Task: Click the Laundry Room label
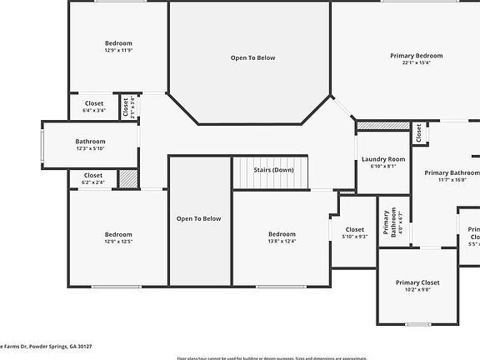point(383,158)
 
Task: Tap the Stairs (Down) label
point(273,170)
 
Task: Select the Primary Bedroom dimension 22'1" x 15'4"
point(416,63)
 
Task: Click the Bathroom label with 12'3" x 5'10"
point(90,142)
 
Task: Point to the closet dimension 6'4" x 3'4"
point(93,110)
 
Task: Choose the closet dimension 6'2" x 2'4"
point(92,182)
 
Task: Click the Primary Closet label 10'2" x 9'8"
point(417,282)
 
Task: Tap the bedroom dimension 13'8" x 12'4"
point(282,242)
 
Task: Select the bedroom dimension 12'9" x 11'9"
point(118,50)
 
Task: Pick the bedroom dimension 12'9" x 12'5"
point(118,242)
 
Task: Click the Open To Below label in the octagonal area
point(252,57)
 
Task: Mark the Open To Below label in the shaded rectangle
point(199,218)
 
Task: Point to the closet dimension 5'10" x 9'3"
point(355,237)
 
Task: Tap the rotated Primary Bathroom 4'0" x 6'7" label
point(391,221)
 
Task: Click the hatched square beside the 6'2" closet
point(127,178)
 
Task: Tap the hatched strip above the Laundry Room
point(383,126)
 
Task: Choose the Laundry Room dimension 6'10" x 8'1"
point(383,166)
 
